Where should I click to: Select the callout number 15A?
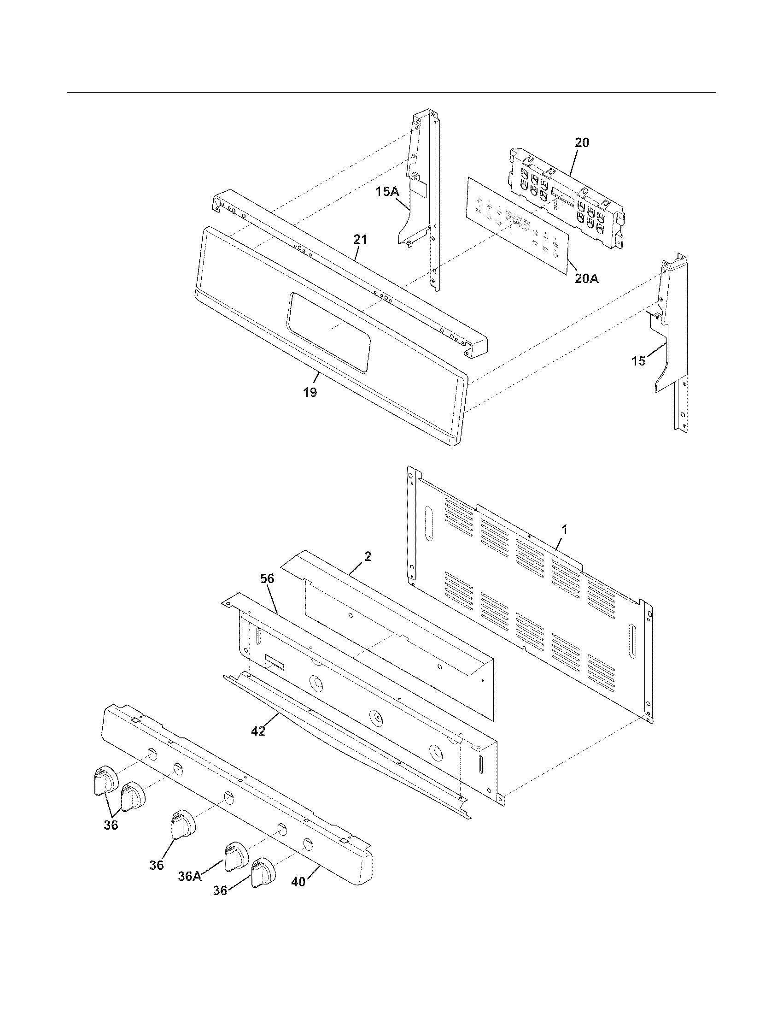tap(387, 191)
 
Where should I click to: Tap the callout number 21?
tap(360, 240)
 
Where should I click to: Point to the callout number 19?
tap(310, 392)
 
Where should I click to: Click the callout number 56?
tap(267, 578)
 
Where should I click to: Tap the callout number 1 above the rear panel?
tap(564, 529)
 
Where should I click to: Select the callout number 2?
tap(368, 556)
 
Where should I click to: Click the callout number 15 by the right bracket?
tap(638, 361)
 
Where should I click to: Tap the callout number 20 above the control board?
tap(582, 143)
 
